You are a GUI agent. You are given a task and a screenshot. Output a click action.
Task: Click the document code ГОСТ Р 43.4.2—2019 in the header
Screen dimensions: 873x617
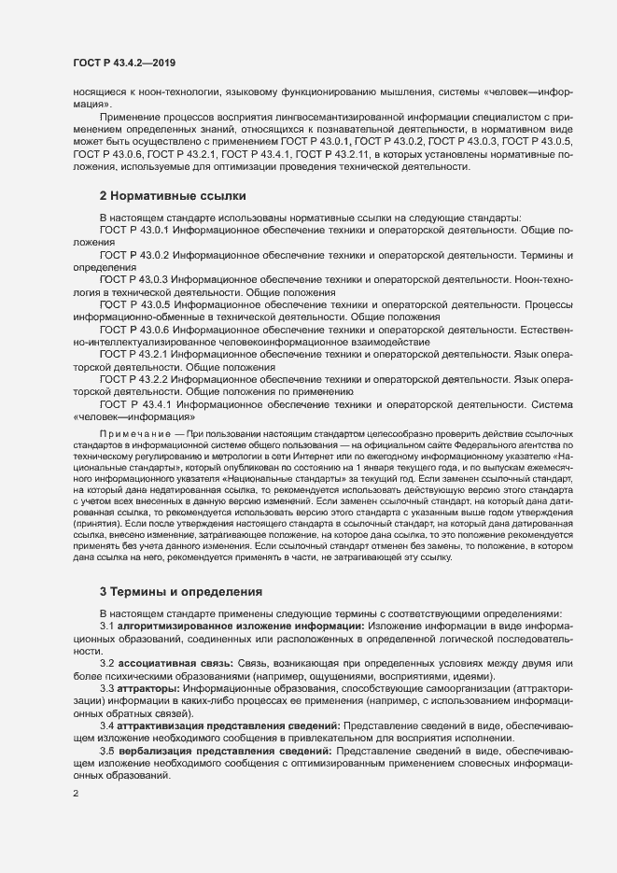point(124,62)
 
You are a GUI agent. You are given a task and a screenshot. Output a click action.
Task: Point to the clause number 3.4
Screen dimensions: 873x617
point(107,725)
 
